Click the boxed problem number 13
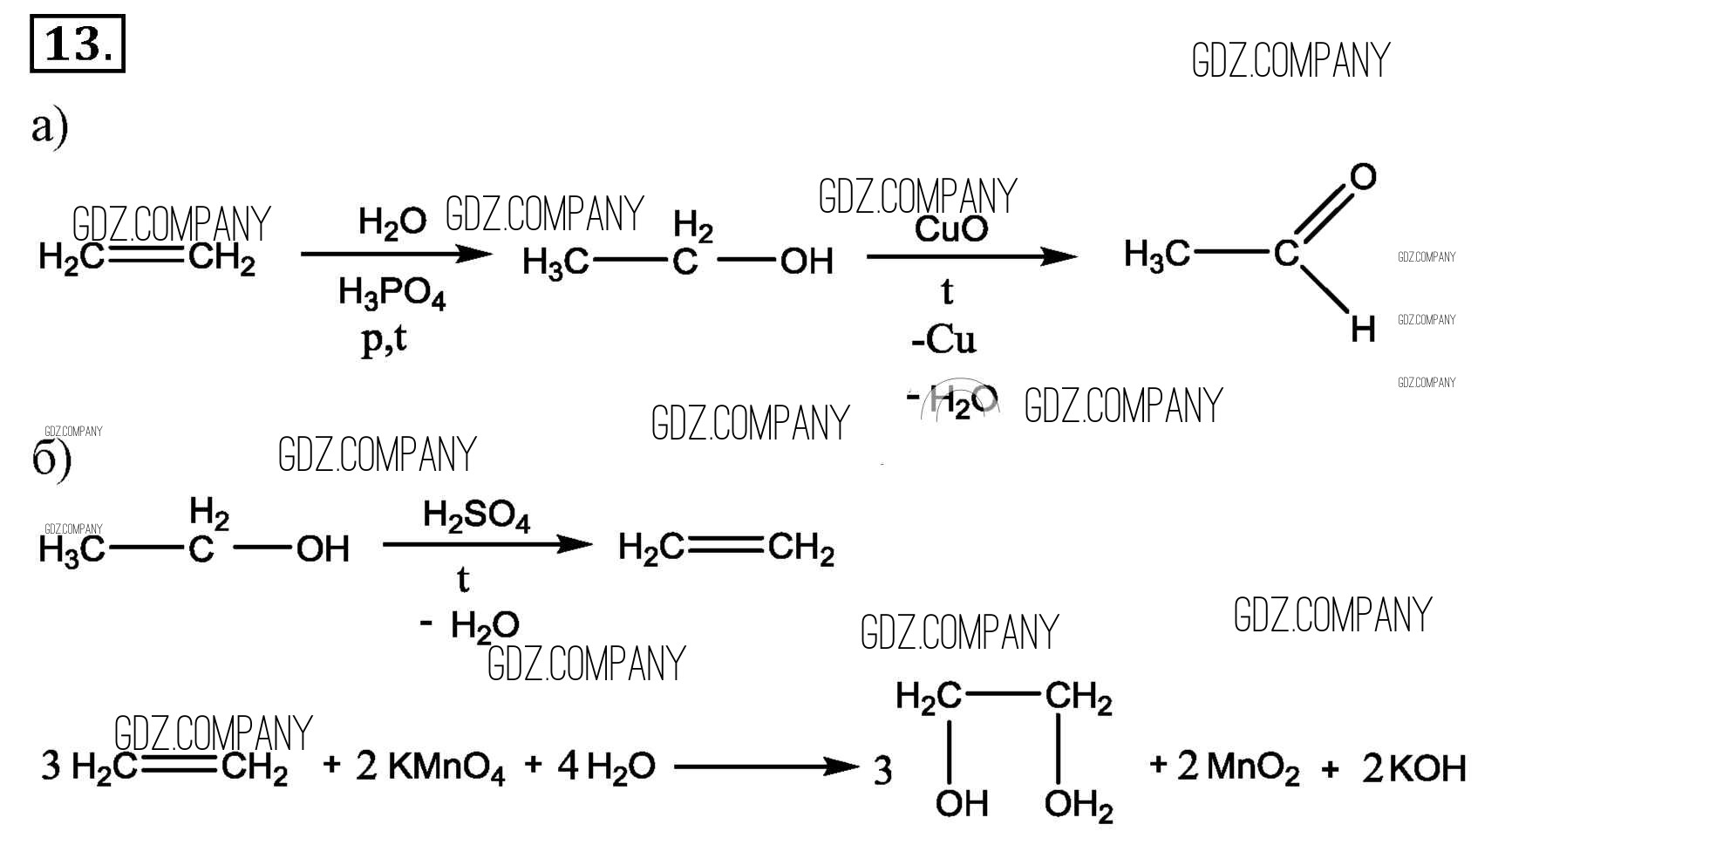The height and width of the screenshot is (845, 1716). pos(77,44)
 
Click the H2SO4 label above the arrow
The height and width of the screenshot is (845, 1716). pos(476,516)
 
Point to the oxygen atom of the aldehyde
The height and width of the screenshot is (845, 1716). pos(1363,177)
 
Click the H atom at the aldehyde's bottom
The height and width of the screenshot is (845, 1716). pos(1363,331)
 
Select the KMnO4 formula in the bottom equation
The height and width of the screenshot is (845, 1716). pos(445,767)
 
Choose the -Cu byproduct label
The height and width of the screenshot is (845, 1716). pos(943,340)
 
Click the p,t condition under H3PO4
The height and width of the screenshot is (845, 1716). pos(384,338)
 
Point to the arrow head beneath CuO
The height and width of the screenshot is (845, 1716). pos(1059,256)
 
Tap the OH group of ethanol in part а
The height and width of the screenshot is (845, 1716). pos(807,262)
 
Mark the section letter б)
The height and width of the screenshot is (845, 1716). pos(51,460)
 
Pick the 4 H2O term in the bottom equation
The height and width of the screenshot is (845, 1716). pos(606,767)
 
